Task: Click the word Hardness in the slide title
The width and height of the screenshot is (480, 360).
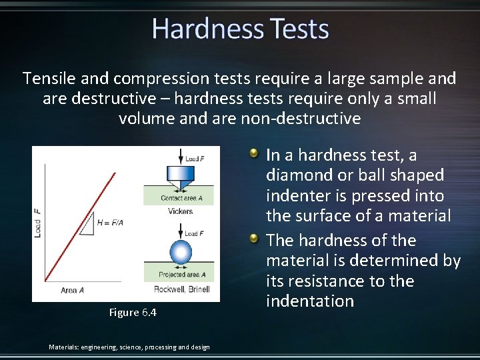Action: (x=207, y=29)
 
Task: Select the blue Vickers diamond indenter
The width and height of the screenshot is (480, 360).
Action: (x=180, y=177)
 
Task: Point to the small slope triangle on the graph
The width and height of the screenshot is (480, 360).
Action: (x=87, y=227)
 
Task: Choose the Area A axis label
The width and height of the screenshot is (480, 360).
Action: (x=72, y=291)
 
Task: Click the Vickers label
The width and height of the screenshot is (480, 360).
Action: (x=180, y=211)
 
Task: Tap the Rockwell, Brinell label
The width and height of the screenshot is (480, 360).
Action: (x=181, y=289)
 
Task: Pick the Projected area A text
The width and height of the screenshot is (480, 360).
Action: (x=182, y=275)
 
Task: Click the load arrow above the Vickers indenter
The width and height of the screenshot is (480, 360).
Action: (x=180, y=157)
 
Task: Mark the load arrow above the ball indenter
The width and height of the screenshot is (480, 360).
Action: (x=180, y=233)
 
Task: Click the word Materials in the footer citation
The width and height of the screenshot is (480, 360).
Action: (x=65, y=347)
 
